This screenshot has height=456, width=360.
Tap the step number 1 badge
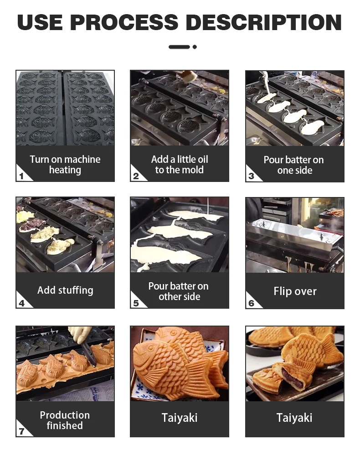click(x=21, y=176)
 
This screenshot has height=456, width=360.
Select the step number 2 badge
click(x=136, y=176)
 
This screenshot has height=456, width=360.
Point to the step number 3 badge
click(x=251, y=176)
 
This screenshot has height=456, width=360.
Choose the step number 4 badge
click(x=21, y=303)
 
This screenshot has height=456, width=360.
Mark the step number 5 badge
click(x=136, y=303)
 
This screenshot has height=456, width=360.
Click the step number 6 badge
click(x=251, y=303)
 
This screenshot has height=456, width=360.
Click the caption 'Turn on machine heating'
click(x=65, y=165)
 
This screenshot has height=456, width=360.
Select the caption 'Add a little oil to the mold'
click(x=180, y=165)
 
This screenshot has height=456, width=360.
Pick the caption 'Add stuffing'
click(x=65, y=290)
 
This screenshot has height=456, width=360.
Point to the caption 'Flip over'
click(x=295, y=291)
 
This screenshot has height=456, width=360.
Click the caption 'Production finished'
click(x=65, y=420)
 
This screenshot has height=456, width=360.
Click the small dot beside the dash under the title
click(x=195, y=47)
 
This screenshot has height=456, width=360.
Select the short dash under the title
click(x=179, y=47)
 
